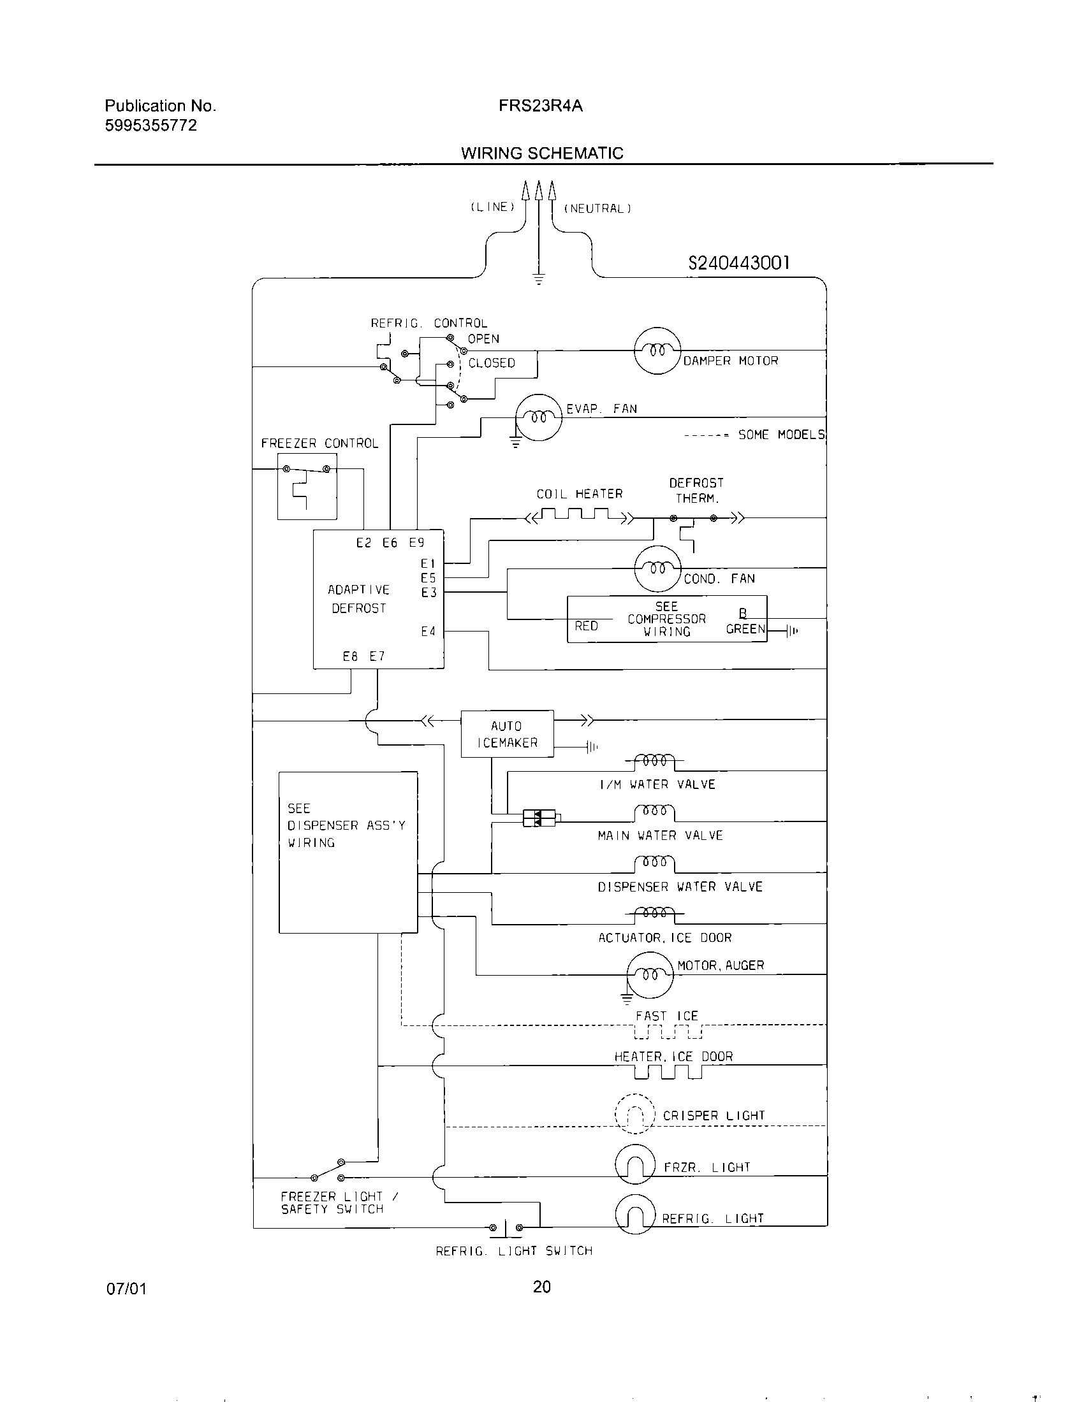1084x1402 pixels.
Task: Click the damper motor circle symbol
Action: [x=656, y=350]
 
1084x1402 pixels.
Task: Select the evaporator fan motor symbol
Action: [x=539, y=417]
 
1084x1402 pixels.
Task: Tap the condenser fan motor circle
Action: [x=656, y=568]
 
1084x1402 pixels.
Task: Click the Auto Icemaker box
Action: [x=507, y=734]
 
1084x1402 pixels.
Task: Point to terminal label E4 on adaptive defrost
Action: [x=428, y=632]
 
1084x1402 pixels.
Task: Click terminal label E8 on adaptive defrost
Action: [x=350, y=656]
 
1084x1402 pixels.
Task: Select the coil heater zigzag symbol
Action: [x=579, y=516]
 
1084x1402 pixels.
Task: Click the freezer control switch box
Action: [x=307, y=486]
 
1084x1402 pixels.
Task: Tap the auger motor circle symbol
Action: [x=649, y=974]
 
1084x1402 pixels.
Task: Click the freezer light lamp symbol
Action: [x=634, y=1163]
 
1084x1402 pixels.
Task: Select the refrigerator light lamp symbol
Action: [x=634, y=1214]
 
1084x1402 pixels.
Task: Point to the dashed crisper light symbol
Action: [x=634, y=1114]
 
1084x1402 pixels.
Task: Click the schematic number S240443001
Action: [x=738, y=263]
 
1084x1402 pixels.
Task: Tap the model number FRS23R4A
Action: [x=541, y=106]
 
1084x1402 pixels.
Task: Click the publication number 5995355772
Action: [x=151, y=126]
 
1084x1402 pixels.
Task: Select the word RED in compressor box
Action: [x=586, y=626]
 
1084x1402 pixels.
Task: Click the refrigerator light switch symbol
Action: [x=506, y=1228]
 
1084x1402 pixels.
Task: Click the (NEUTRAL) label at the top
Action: [x=597, y=208]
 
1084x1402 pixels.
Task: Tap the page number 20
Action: [x=541, y=1288]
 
